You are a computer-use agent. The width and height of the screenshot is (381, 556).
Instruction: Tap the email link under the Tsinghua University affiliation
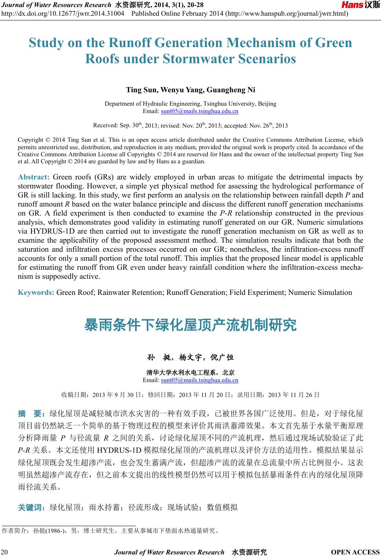tap(200, 112)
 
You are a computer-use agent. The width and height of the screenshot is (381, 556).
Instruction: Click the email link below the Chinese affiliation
tap(200, 380)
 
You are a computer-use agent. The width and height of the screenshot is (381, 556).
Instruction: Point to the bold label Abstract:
tap(33, 177)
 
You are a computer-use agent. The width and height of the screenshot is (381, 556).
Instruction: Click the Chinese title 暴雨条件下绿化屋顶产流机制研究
tap(190, 325)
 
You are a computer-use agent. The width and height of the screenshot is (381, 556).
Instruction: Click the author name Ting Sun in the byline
tap(141, 90)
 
